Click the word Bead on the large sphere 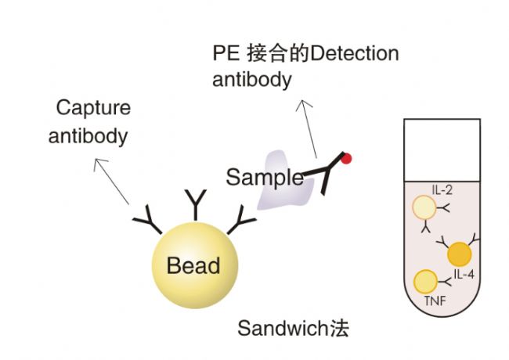coord(193,265)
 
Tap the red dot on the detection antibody coord(346,159)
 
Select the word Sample coord(265,178)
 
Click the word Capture coord(93,108)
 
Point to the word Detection coord(355,53)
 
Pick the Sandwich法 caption coord(293,328)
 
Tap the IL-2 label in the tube coord(442,190)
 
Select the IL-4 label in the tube coord(464,275)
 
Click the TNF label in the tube coord(435,301)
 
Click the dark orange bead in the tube coord(460,254)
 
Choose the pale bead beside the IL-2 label coord(424,207)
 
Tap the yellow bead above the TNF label coord(425,281)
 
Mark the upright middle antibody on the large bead coord(196,205)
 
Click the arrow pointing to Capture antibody coord(111,181)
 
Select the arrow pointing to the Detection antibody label coord(306,129)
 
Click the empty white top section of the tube coord(442,150)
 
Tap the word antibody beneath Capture coord(88,136)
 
